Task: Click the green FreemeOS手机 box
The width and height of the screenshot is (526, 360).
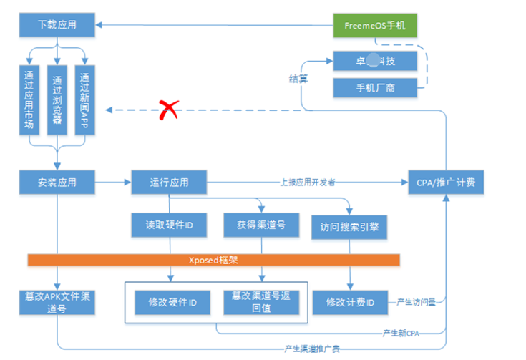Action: click(x=375, y=26)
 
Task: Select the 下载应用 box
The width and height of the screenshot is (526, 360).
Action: click(x=57, y=26)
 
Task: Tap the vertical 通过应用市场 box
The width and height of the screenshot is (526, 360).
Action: click(x=29, y=99)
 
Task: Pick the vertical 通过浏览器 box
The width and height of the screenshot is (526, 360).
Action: click(x=57, y=99)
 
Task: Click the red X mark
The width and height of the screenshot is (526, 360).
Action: click(x=168, y=110)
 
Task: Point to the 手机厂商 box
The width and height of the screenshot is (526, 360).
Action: click(x=375, y=87)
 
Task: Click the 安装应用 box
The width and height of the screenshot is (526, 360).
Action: click(x=57, y=183)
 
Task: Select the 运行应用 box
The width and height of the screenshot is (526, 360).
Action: click(x=169, y=183)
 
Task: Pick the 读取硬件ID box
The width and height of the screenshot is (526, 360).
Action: click(x=169, y=225)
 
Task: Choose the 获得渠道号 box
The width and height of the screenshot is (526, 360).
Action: click(x=260, y=225)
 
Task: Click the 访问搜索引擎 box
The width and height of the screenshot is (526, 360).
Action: click(x=349, y=228)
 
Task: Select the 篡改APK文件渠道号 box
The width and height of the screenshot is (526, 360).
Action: click(x=57, y=303)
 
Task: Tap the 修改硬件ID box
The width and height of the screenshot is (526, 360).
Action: click(x=172, y=303)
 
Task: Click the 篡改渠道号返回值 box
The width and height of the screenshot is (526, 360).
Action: click(x=260, y=303)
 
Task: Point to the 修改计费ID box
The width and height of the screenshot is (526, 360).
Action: click(x=349, y=303)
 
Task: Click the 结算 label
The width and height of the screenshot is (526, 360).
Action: click(x=298, y=79)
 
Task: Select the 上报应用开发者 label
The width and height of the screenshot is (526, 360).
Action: click(x=308, y=182)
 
